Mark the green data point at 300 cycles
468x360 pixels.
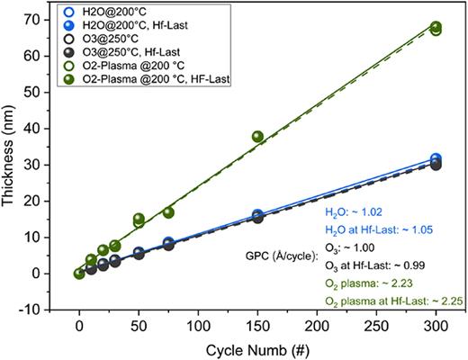436,28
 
